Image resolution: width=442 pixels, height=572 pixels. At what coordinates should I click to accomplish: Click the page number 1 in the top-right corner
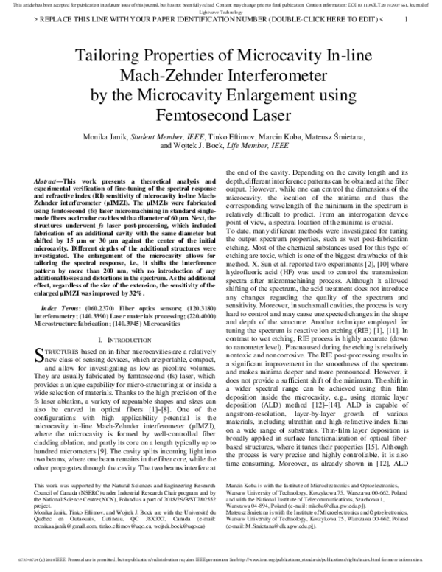point(406,21)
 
